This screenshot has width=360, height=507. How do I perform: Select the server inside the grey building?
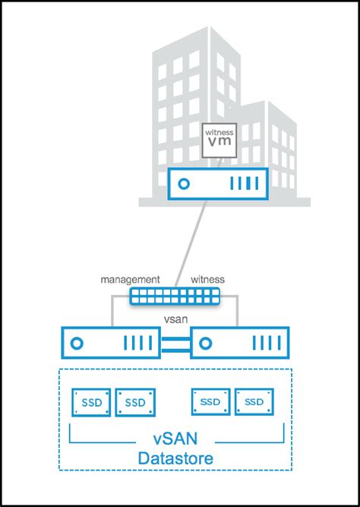pos(216,183)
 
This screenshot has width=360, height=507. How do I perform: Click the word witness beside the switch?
pos(207,280)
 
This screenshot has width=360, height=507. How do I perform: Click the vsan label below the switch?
pos(175,319)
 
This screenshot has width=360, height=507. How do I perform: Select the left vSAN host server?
pos(112,343)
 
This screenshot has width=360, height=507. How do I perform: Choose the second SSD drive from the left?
pos(134,401)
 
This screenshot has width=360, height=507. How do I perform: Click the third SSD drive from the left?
pos(211,401)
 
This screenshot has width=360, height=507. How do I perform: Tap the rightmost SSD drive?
pos(254,401)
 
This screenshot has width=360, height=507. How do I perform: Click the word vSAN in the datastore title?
pos(176,440)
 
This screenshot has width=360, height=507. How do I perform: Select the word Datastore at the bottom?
pos(176,459)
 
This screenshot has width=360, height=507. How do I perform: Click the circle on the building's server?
pos(182,184)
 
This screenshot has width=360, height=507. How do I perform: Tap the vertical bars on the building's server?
pos(243,184)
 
